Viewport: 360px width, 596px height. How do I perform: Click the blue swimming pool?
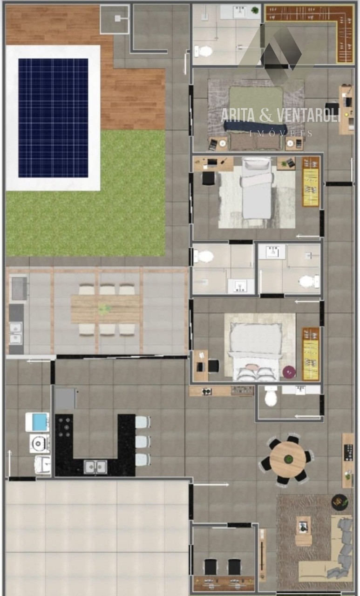click(53, 118)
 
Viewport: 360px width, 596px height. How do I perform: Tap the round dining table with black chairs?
click(288, 459)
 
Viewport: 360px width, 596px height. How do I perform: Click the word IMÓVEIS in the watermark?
click(281, 134)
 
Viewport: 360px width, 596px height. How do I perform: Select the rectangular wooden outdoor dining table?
click(105, 309)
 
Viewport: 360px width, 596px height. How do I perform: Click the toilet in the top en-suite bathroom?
click(203, 51)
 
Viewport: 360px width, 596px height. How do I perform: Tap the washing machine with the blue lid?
click(38, 422)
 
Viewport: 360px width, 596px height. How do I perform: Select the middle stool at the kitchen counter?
click(143, 442)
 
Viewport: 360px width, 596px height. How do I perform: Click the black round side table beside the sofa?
click(340, 502)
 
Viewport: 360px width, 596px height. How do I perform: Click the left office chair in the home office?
click(211, 566)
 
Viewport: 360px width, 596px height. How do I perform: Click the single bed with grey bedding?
click(256, 188)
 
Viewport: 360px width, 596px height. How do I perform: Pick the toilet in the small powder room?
click(271, 396)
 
